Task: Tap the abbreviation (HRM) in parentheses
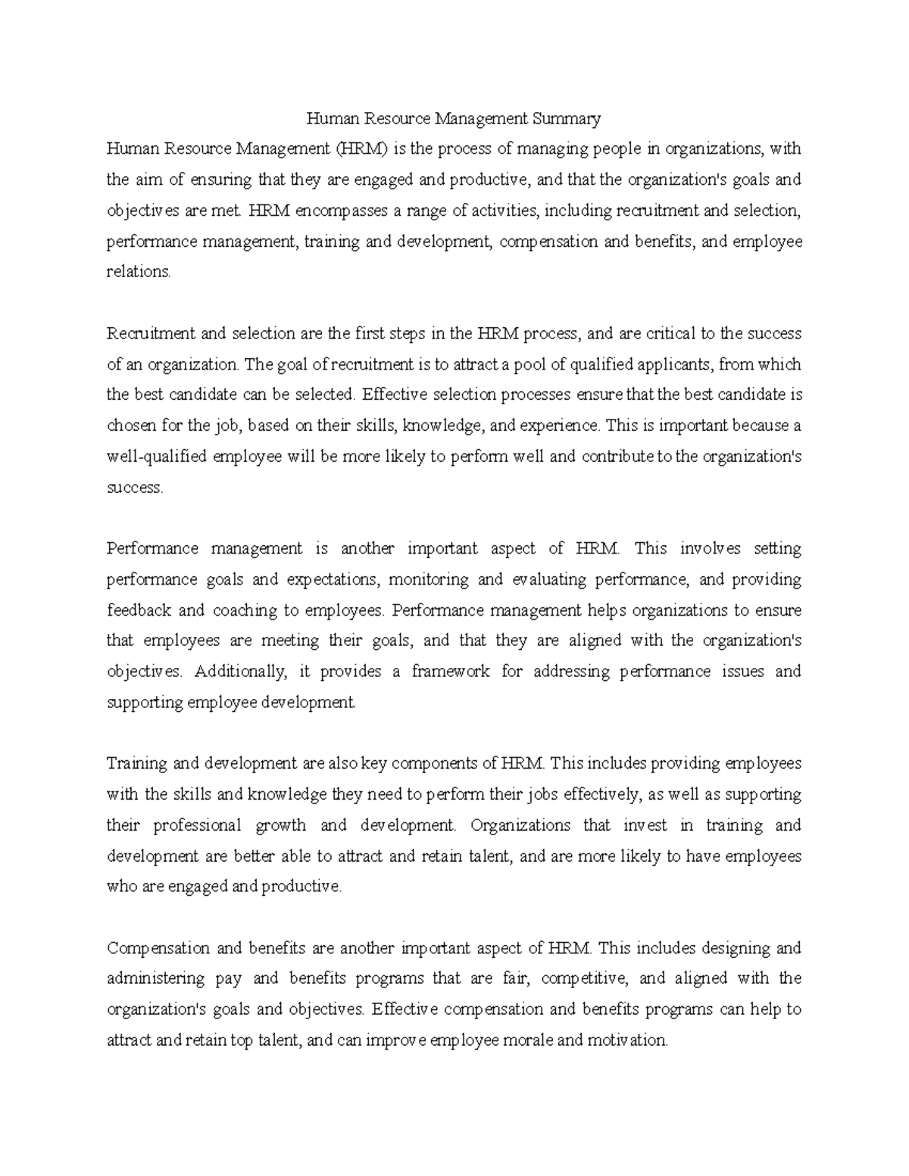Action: pos(362,149)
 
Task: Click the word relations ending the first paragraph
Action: pos(139,272)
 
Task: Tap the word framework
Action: pos(450,672)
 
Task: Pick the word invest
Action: pos(645,825)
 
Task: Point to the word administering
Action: pos(155,978)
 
